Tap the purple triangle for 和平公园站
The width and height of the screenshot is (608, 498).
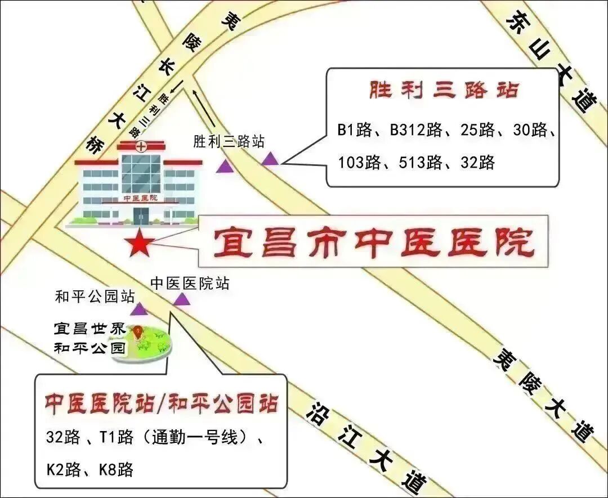pyautogui.click(x=138, y=309)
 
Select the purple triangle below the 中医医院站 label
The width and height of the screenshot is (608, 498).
pyautogui.click(x=182, y=299)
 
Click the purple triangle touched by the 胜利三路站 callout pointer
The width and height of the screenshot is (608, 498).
pyautogui.click(x=270, y=159)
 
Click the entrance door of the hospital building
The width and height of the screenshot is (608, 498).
pyautogui.click(x=140, y=214)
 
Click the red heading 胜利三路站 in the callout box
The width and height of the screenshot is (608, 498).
pyautogui.click(x=443, y=90)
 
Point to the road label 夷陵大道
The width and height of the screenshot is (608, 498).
pyautogui.click(x=544, y=393)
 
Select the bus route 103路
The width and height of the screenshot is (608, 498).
pyautogui.click(x=359, y=163)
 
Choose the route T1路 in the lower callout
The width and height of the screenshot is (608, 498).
pyautogui.click(x=117, y=437)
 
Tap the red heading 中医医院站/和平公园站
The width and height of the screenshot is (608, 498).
pyautogui.click(x=162, y=404)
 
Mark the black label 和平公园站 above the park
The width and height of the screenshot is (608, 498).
pyautogui.click(x=95, y=296)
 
